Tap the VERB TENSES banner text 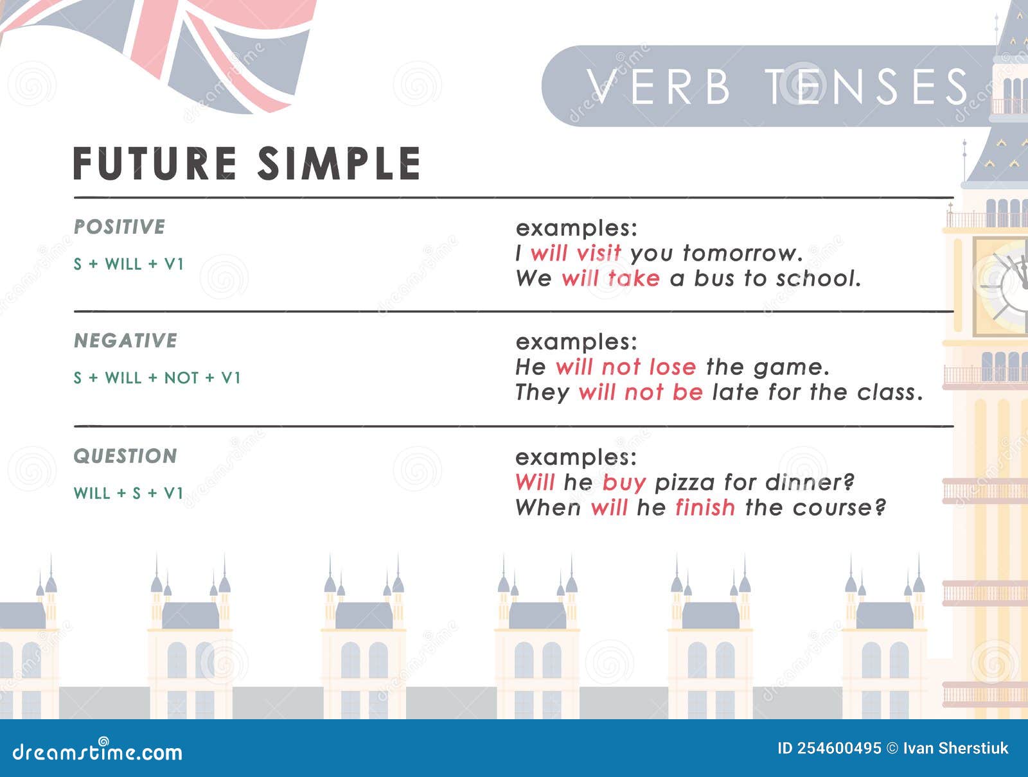click(777, 87)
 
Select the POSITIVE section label click(120, 227)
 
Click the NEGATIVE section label click(125, 340)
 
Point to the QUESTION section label click(125, 456)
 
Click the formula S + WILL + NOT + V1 click(157, 378)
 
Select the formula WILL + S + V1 click(128, 493)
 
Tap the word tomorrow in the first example click(741, 253)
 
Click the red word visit click(598, 253)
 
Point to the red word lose click(672, 367)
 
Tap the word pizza click(684, 482)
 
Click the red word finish click(705, 507)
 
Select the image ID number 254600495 click(839, 748)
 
